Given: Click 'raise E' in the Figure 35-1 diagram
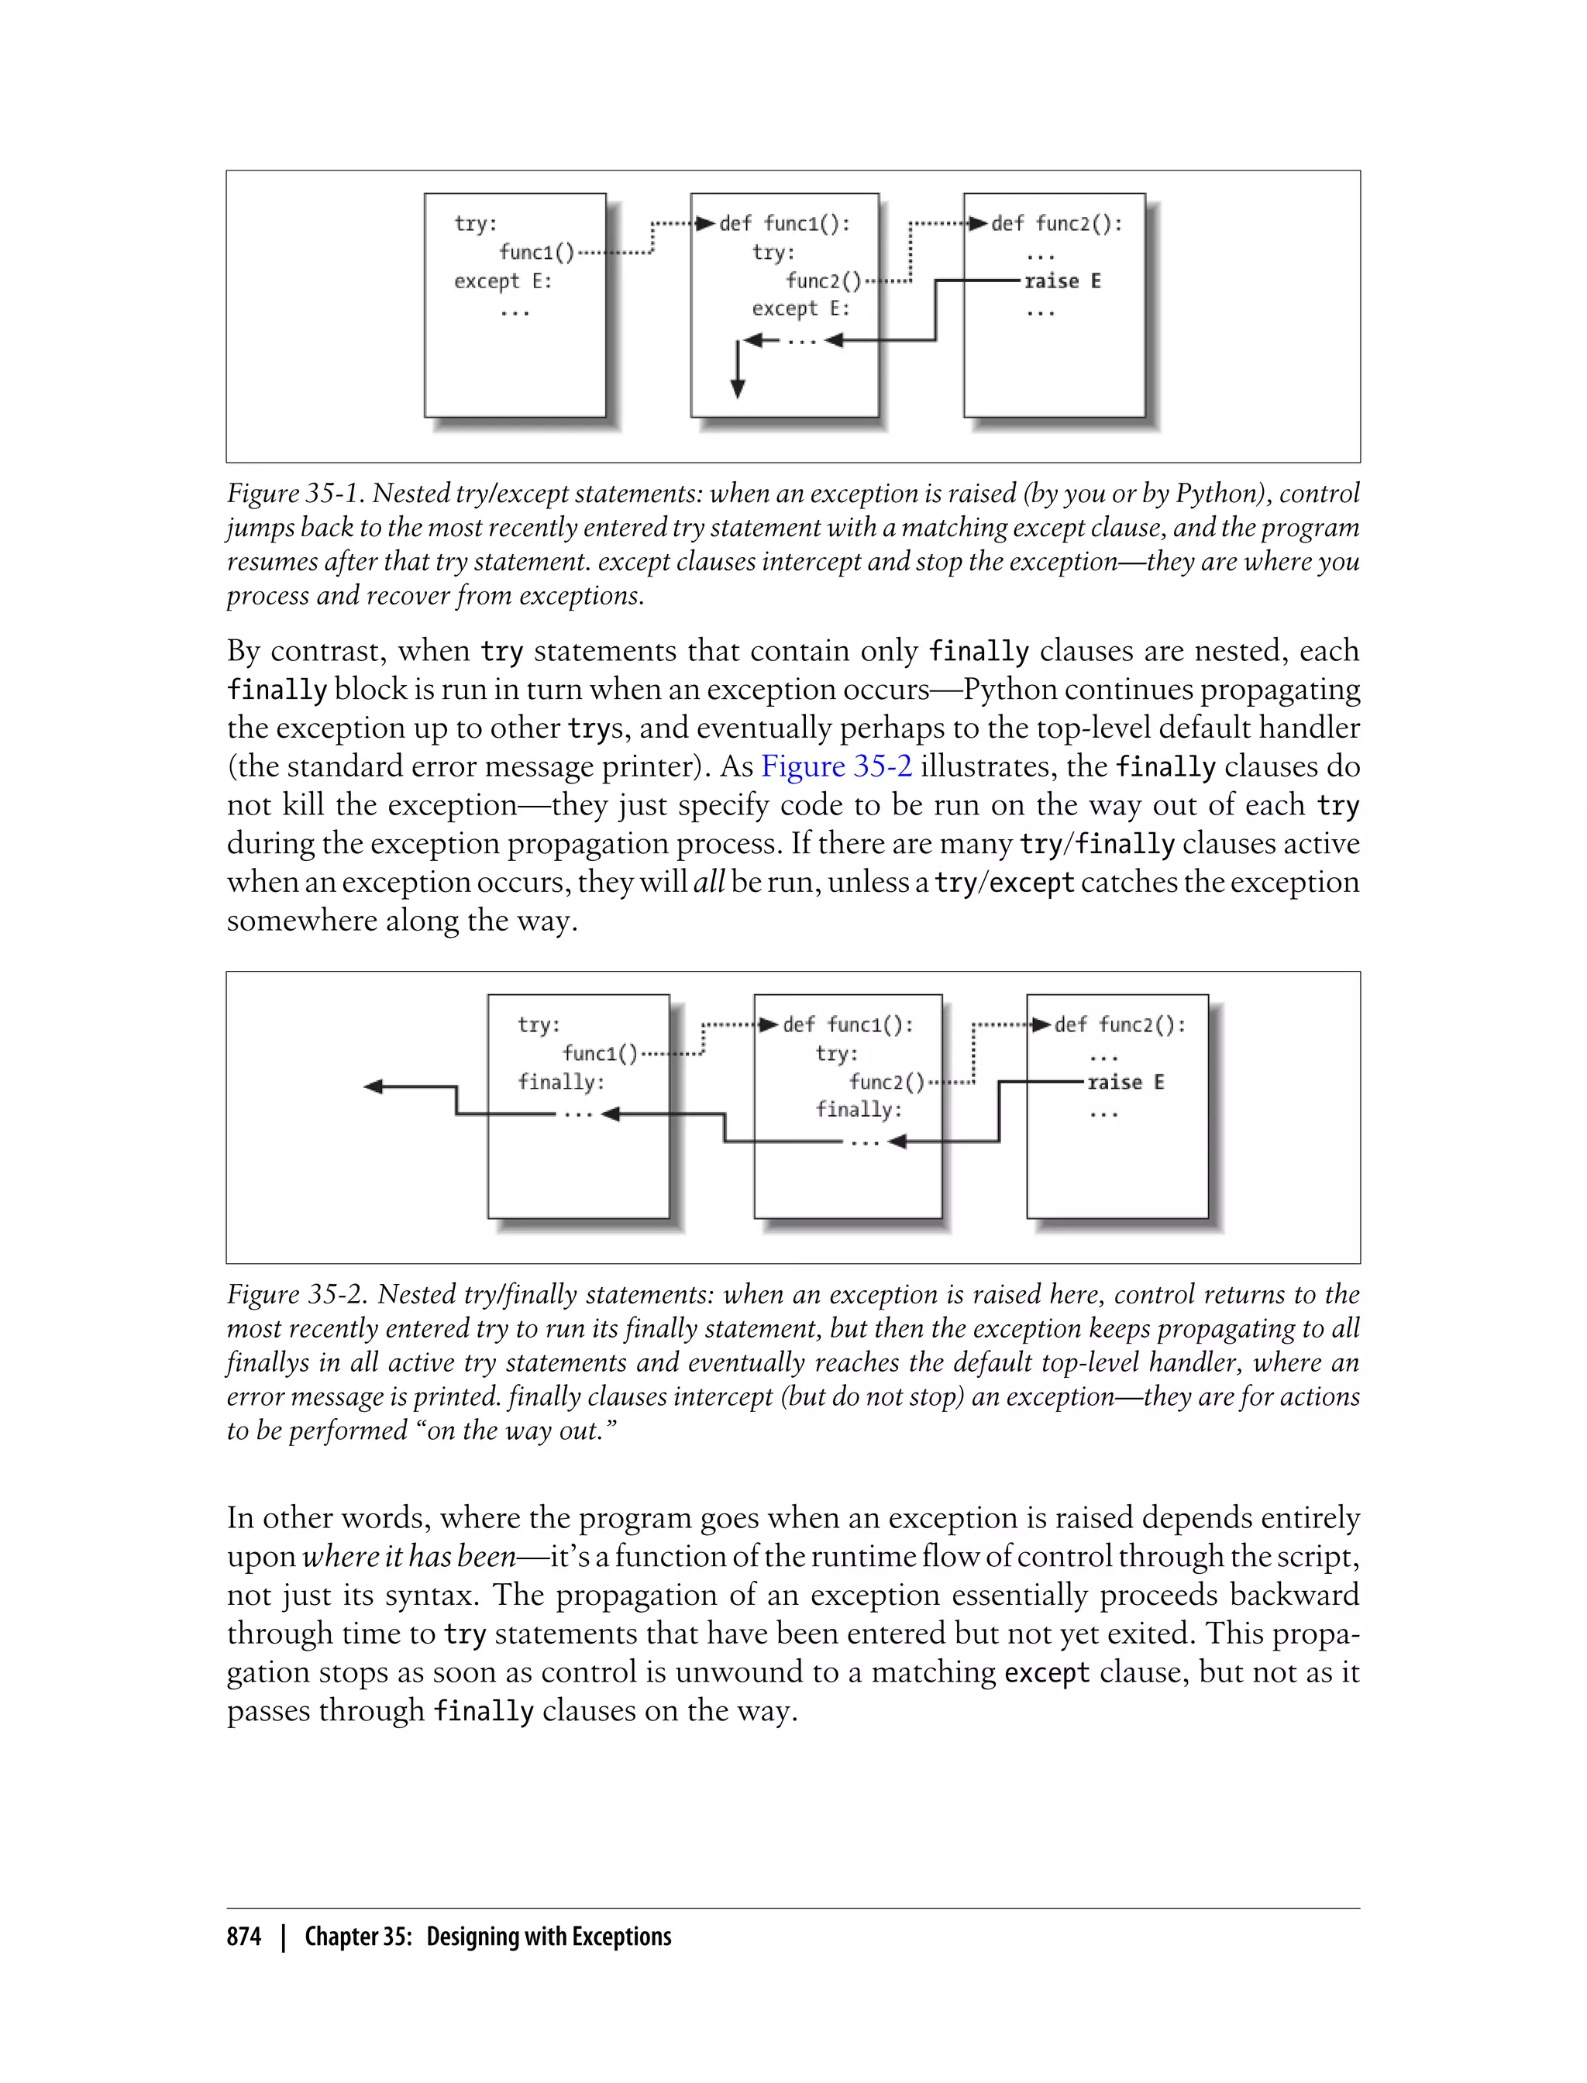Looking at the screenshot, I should [1062, 281].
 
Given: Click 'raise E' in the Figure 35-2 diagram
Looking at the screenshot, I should [1125, 1082].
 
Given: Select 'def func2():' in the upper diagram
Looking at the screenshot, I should [1056, 223].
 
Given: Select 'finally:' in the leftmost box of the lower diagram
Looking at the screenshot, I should [560, 1082].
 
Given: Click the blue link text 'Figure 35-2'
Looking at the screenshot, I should [836, 766].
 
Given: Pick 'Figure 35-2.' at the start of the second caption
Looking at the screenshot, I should [298, 1294].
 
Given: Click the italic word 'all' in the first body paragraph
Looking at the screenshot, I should [708, 883].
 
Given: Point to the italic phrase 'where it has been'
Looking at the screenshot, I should [408, 1556].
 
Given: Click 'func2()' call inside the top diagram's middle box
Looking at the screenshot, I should [823, 281].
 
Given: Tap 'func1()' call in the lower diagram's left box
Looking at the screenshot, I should [600, 1053].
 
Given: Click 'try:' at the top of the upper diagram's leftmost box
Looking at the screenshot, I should [475, 224].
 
